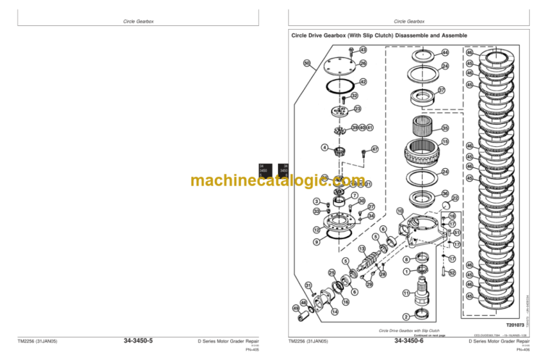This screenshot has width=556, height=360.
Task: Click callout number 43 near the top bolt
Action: [363, 50]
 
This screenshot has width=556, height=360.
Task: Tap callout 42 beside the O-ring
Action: [363, 82]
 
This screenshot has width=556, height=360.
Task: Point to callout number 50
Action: [307, 63]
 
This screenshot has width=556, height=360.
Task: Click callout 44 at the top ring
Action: [445, 53]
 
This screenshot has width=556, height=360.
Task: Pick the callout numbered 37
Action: [442, 91]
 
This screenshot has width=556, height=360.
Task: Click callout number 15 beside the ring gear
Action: [445, 141]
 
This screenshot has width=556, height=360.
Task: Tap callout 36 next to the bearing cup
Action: [445, 193]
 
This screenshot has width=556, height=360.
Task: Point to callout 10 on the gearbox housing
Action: [400, 211]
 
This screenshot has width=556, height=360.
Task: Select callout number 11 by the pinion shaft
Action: [406, 292]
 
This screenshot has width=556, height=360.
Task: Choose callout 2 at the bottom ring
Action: [406, 317]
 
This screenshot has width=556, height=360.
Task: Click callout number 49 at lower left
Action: [296, 309]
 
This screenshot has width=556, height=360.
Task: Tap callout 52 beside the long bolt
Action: [452, 272]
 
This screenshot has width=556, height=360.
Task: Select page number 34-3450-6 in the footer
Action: [409, 341]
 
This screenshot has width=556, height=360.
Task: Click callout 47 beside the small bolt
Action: [375, 149]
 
